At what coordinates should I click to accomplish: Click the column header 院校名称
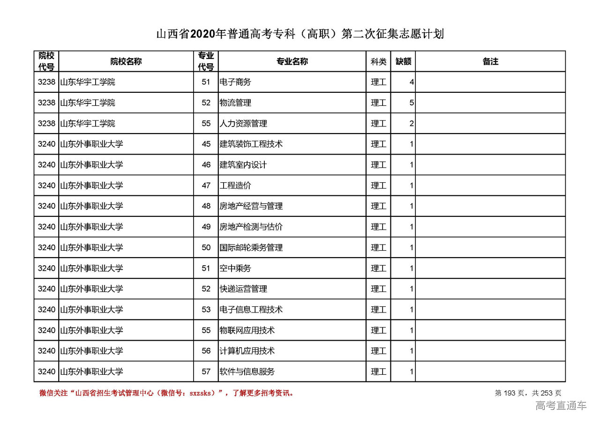click(126, 61)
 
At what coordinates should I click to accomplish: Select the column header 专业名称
click(292, 61)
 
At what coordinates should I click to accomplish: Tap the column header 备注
click(490, 61)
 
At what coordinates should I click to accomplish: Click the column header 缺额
click(403, 61)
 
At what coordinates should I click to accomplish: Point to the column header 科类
click(378, 61)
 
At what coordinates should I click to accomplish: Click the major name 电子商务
click(235, 82)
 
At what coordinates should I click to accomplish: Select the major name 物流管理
click(235, 103)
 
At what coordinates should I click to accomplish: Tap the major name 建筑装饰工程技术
click(251, 144)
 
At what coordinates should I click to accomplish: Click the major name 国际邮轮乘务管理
click(251, 247)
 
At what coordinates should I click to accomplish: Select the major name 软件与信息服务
click(247, 372)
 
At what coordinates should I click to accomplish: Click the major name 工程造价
click(235, 186)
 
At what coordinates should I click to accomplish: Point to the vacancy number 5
click(412, 103)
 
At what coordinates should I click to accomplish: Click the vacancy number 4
click(412, 82)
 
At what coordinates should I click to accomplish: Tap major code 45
click(206, 144)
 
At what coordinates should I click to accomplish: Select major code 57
click(206, 372)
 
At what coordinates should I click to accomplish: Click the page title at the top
click(300, 34)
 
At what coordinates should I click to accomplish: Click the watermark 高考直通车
click(561, 406)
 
